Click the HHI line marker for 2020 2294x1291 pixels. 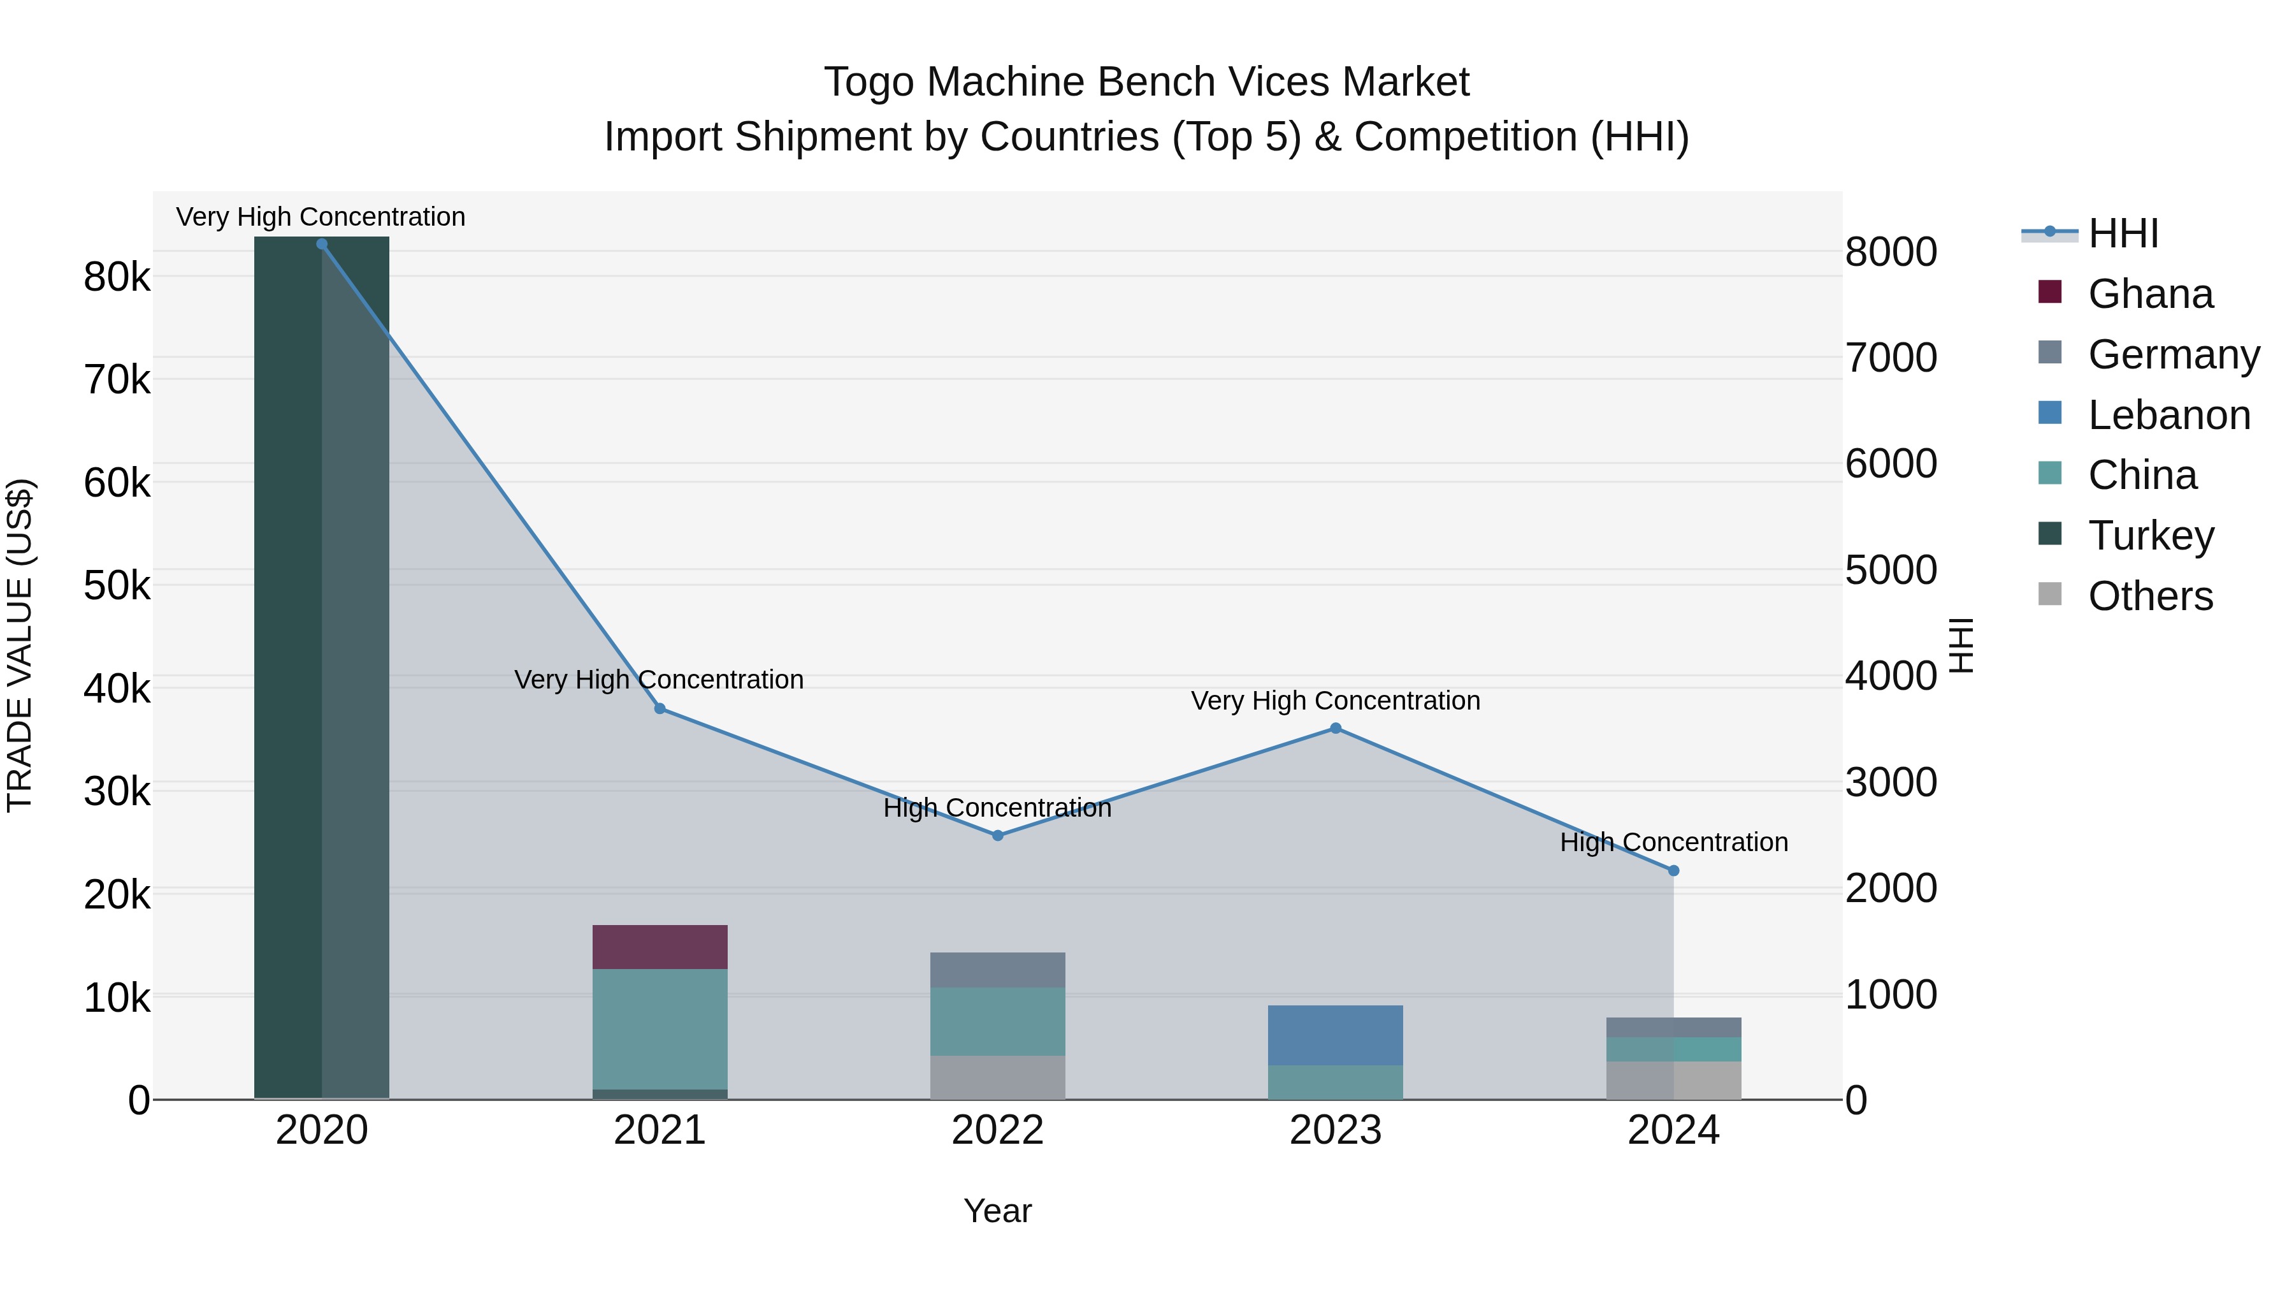322,244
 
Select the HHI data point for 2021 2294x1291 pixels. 660,708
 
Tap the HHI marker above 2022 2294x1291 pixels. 997,836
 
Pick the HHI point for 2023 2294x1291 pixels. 1336,729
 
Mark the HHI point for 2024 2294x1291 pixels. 1673,870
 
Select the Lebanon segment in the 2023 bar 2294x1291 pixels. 1336,1035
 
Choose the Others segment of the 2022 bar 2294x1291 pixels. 997,1077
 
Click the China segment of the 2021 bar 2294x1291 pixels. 660,1029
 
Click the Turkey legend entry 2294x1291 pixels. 2151,536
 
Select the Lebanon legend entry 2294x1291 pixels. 2168,415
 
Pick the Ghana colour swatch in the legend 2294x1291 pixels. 2049,292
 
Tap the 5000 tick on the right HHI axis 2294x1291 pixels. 1891,570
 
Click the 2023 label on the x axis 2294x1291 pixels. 1336,1130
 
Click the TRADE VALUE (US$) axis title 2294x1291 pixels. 20,645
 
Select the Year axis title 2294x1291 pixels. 997,1211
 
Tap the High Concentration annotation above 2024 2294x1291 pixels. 1673,842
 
